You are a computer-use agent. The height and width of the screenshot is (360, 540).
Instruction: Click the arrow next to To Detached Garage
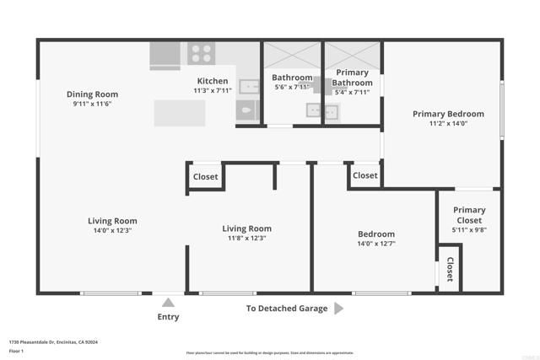tap(339, 309)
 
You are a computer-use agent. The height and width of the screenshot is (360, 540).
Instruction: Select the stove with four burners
tap(202, 54)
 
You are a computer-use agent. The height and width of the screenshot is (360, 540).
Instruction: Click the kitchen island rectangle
tap(179, 113)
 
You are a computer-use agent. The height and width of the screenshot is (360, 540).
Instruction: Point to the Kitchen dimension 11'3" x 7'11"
tap(213, 91)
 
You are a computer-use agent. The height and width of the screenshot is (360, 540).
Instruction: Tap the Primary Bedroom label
tap(448, 114)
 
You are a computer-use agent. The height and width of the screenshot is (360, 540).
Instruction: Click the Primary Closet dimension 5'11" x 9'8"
tap(469, 229)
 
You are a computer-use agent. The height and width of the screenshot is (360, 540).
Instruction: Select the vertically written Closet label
tap(450, 269)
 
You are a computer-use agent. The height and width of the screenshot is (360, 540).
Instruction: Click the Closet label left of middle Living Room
tap(206, 177)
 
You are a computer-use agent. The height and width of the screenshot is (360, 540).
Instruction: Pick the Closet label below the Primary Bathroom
tap(365, 175)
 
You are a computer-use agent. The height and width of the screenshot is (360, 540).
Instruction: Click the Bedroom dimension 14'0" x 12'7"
tap(375, 244)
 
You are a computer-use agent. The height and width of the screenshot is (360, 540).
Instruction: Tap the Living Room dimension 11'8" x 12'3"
tap(246, 239)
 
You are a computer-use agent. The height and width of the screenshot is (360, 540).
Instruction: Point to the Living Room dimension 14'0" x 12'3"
tap(112, 230)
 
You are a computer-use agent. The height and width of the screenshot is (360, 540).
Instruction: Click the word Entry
tap(168, 318)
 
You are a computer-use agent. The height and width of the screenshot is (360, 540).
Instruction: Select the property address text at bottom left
tap(53, 342)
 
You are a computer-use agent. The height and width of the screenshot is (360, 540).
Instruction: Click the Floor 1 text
tap(16, 351)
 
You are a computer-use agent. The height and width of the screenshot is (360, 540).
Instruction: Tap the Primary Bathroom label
tap(352, 78)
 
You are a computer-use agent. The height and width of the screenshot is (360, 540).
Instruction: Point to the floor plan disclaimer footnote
tap(270, 352)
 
